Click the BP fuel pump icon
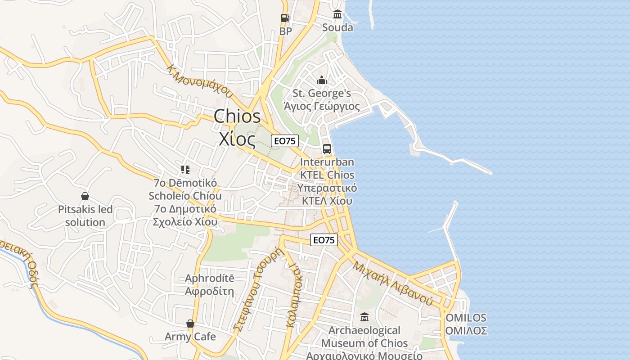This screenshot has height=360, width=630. pyautogui.click(x=285, y=18)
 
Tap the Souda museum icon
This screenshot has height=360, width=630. pyautogui.click(x=337, y=14)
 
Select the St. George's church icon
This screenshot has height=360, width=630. pyautogui.click(x=322, y=81)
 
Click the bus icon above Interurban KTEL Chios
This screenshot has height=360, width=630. pyautogui.click(x=327, y=148)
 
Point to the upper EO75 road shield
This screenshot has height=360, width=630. pyautogui.click(x=285, y=141)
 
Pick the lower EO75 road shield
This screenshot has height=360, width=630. pyautogui.click(x=324, y=240)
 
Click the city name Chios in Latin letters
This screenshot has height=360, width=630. pyautogui.click(x=237, y=117)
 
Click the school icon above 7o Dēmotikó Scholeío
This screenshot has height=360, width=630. pyautogui.click(x=185, y=170)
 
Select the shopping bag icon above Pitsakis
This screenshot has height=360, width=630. pyautogui.click(x=85, y=196)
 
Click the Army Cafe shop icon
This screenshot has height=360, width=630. pyautogui.click(x=190, y=324)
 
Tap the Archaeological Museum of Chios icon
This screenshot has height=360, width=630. pyautogui.click(x=364, y=317)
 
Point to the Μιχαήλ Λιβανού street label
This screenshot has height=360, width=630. pyautogui.click(x=393, y=283)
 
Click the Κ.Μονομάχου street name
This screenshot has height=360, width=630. pyautogui.click(x=200, y=81)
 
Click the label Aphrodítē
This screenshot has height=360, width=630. pyautogui.click(x=210, y=279)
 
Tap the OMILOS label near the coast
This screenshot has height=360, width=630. pyautogui.click(x=466, y=318)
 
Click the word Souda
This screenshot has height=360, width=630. pyautogui.click(x=337, y=27)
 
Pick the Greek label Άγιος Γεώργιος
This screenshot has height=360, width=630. pyautogui.click(x=322, y=106)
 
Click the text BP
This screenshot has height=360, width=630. pyautogui.click(x=285, y=31)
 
